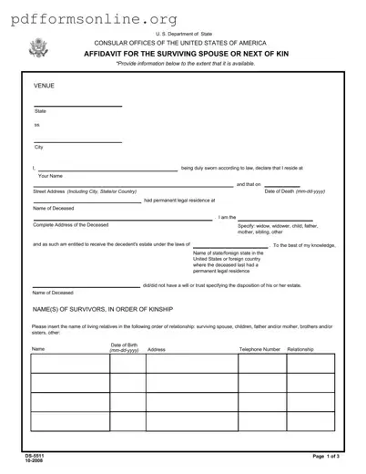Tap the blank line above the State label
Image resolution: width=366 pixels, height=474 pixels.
click(77, 106)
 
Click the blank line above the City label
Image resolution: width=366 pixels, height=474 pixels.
click(77, 141)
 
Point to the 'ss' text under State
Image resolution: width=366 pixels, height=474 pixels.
click(36, 125)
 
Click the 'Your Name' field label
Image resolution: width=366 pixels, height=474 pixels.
click(50, 175)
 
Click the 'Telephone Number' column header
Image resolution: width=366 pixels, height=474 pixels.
click(259, 349)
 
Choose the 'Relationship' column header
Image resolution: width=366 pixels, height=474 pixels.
click(301, 349)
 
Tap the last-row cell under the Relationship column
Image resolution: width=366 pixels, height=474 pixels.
click(310, 422)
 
